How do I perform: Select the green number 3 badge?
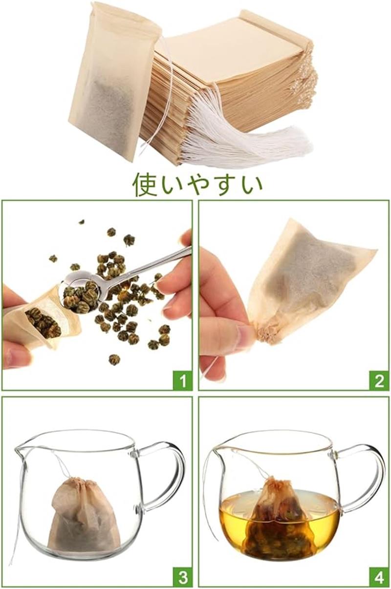tap(182, 577)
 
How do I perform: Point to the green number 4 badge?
tap(379, 577)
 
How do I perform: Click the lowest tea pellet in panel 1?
tap(114, 360)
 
